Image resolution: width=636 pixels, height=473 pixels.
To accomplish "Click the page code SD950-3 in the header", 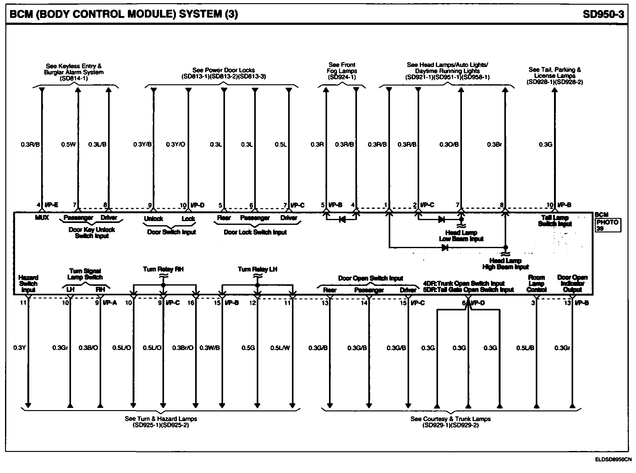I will tap(603, 14).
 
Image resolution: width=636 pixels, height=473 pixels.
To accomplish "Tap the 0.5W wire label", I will tap(68, 145).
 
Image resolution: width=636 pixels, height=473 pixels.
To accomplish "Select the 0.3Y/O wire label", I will tap(175, 145).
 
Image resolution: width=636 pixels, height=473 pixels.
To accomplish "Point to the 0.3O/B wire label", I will tap(449, 145).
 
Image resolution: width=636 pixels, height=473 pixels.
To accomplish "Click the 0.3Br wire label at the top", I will tap(494, 145).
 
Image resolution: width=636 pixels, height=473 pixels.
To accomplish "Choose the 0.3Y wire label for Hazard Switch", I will tap(19, 348).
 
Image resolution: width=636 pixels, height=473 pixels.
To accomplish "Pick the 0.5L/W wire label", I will tap(280, 348).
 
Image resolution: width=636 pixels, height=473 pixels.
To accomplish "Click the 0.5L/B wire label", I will tap(525, 348).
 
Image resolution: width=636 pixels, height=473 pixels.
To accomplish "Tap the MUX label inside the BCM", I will tap(42, 218).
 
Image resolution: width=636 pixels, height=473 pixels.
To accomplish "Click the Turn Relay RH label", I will tap(163, 269).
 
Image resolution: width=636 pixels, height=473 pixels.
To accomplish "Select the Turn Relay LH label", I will tap(257, 269).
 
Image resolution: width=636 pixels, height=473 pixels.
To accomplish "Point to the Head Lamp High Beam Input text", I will tap(505, 264).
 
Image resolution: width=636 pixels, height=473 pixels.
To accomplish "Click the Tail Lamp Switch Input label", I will tap(555, 221).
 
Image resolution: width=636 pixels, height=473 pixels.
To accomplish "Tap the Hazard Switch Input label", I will tap(28, 284).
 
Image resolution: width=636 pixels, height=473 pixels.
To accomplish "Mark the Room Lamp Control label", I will tap(536, 284).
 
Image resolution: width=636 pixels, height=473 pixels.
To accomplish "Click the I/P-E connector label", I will tap(51, 205).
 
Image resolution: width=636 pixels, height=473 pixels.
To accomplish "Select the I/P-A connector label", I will tap(110, 303).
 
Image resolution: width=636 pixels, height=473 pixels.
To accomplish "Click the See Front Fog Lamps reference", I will tap(342, 71).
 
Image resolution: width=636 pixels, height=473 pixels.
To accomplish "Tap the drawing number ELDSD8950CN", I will tap(613, 460).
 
